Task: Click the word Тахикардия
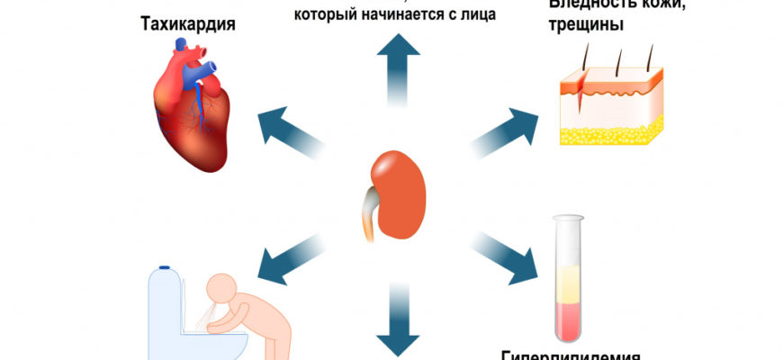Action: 188,23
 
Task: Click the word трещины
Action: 583,27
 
